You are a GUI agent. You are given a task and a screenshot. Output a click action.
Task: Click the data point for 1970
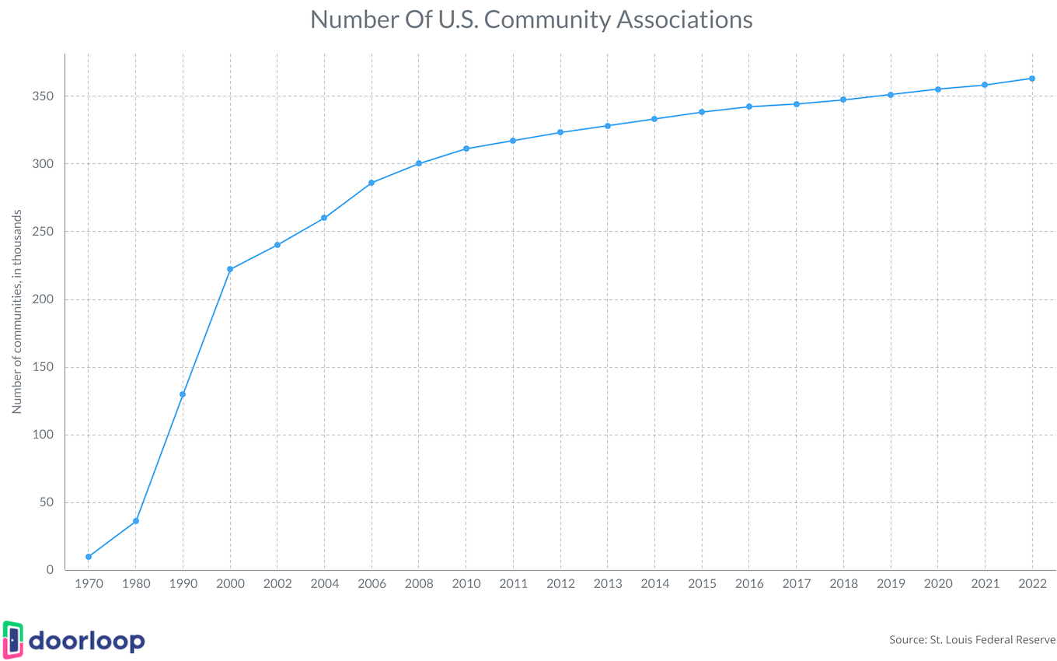[x=89, y=557]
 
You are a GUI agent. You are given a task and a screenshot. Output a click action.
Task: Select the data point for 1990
[x=183, y=394]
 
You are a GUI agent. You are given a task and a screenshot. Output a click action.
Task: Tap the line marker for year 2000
[x=230, y=269]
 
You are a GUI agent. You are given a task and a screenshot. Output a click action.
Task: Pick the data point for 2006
[x=372, y=183]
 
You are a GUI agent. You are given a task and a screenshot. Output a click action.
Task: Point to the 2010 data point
[x=466, y=149]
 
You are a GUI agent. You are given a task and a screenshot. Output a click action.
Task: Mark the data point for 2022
[x=1032, y=79]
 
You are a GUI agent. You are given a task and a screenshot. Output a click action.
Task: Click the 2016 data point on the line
[x=749, y=107]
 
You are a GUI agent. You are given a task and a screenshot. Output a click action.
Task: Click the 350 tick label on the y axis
[x=44, y=96]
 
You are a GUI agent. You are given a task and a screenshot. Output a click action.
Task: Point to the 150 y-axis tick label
[x=44, y=367]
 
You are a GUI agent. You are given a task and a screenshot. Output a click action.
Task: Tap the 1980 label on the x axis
[x=136, y=584]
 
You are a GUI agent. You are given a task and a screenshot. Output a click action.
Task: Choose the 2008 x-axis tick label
[x=419, y=584]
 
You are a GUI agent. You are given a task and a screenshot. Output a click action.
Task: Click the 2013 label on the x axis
[x=608, y=584]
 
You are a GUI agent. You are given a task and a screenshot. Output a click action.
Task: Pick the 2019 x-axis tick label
[x=891, y=584]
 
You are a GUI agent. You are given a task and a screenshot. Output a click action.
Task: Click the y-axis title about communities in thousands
[x=16, y=311]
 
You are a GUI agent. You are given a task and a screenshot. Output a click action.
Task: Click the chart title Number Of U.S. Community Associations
[x=532, y=19]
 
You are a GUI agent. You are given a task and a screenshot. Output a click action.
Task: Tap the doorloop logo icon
[x=13, y=641]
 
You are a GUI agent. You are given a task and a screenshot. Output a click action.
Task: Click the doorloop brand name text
[x=87, y=642]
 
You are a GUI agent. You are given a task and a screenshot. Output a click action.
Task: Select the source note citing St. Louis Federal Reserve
[x=972, y=640]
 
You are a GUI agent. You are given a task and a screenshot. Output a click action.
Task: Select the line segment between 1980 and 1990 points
[x=159, y=457]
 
